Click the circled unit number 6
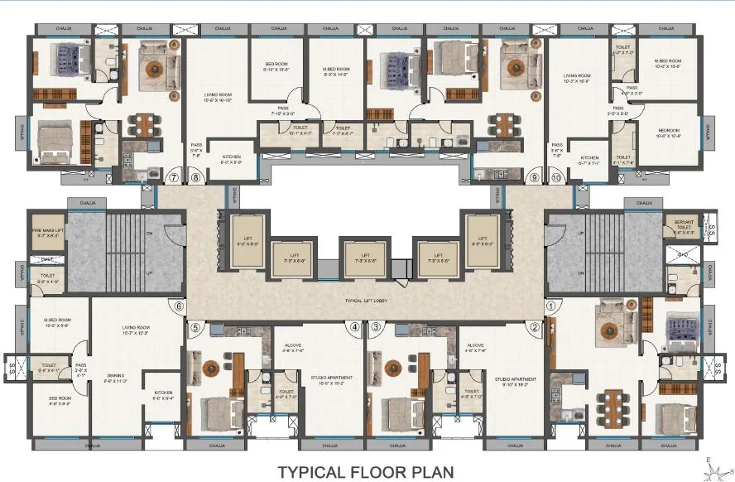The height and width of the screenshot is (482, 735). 178,306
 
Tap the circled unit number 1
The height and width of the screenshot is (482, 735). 549,306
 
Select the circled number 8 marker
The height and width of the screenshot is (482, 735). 196,177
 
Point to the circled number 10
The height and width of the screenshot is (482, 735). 555,177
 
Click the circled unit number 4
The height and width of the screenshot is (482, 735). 354,327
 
